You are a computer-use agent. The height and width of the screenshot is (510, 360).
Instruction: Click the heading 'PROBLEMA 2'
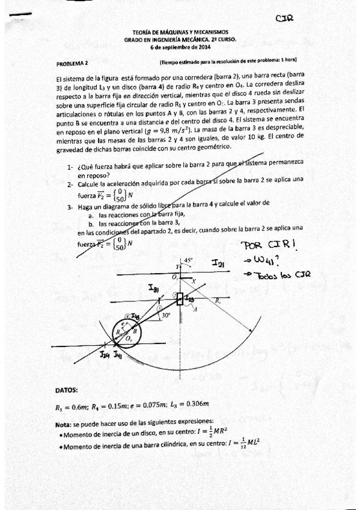(72, 63)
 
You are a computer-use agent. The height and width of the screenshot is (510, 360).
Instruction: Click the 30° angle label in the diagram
(165, 314)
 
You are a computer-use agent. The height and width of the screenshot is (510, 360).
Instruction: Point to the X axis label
(194, 280)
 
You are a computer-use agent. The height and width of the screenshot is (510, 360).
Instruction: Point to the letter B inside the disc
(135, 331)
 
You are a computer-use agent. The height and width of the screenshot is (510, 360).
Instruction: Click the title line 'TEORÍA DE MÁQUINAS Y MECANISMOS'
(180, 32)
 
